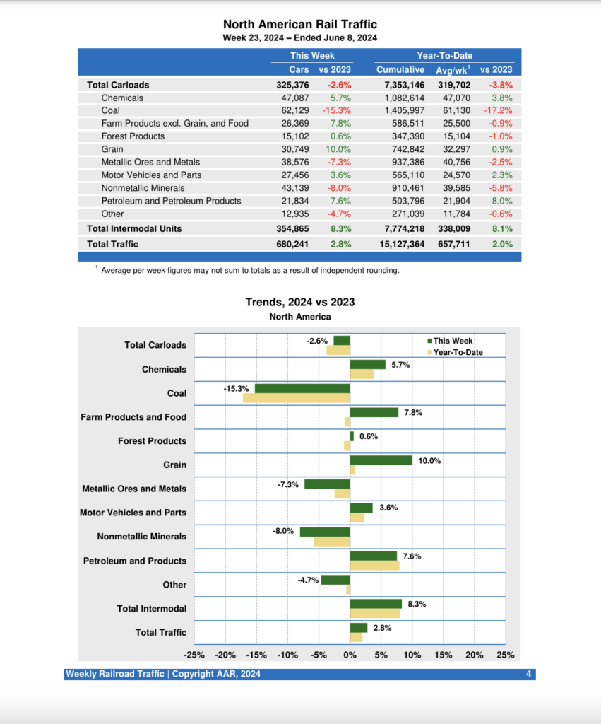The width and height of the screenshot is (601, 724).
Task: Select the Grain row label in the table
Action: coord(112,149)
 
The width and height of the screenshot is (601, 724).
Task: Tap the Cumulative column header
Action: coord(400,69)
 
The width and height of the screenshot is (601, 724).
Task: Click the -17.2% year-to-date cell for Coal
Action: coord(497,110)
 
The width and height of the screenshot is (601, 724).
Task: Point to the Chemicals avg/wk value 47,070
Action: coord(453,98)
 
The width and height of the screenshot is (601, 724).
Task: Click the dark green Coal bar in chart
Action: coord(302,388)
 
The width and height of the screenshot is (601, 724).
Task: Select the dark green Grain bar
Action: coord(381,460)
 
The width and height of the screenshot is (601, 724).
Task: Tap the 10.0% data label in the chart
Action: coord(429,461)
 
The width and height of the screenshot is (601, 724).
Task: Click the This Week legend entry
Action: coord(453,341)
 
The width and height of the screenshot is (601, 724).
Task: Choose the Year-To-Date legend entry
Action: coord(458,352)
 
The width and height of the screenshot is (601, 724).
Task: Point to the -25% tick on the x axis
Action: coord(194,655)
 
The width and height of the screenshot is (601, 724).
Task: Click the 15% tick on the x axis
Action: coord(444,655)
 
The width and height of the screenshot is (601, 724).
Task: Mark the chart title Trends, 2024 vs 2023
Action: coord(300,302)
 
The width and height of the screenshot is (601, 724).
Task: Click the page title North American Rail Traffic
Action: coord(300,24)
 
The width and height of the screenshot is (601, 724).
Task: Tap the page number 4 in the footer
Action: coord(528,674)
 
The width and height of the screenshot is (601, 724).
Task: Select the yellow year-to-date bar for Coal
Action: coord(297,398)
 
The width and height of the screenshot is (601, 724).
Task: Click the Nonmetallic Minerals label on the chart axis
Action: coord(141,537)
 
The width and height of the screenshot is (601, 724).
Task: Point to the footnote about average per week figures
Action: coord(250,270)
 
